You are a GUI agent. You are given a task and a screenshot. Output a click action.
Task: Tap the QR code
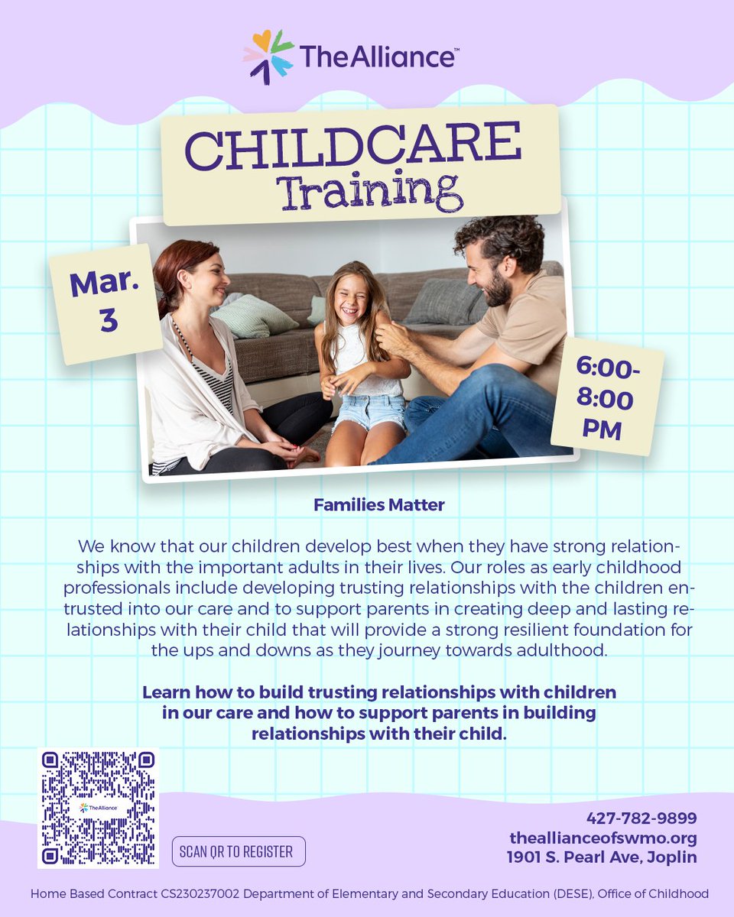tap(98, 808)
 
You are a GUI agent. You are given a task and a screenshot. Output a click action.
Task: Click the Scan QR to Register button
tap(238, 851)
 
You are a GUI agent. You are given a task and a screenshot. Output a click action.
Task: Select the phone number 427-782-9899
tap(641, 818)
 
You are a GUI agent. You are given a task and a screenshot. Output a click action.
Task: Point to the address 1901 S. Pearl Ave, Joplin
tap(602, 857)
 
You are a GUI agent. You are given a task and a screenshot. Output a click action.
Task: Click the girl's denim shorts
tap(369, 412)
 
